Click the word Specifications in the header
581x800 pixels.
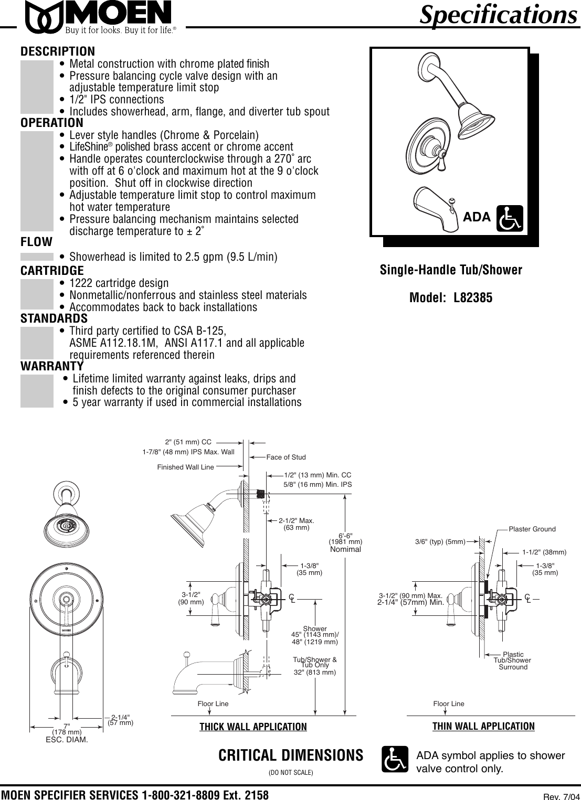pos(498,15)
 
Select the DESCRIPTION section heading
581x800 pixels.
pos(58,51)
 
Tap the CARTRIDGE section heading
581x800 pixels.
pos(52,271)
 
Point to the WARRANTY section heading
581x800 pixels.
pos(52,366)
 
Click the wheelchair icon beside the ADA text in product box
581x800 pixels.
pos(510,218)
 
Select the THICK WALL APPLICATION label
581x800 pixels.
pos(253,727)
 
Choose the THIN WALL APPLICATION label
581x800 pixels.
pos(483,726)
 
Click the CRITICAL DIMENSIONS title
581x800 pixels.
pos(291,755)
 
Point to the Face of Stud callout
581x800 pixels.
pos(286,457)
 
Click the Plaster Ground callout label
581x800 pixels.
pos(532,529)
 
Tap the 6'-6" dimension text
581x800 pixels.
pos(345,535)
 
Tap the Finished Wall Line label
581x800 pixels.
pos(185,467)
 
